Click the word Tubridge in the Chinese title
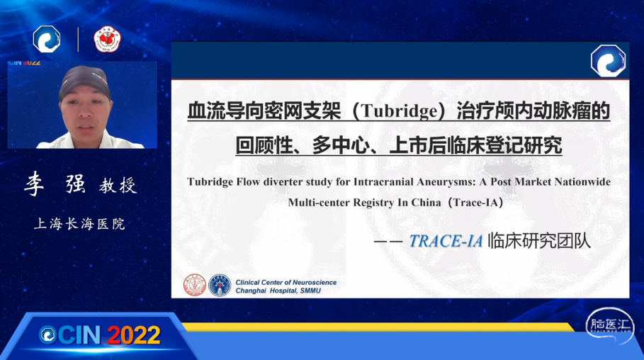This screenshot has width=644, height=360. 399,111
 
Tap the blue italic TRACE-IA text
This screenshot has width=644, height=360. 446,241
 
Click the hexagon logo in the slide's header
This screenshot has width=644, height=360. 609,61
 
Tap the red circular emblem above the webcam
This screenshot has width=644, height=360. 107,40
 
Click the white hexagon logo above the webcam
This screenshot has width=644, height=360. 47,39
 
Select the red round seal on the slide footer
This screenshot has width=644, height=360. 195,285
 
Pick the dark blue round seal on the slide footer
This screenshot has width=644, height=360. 220,285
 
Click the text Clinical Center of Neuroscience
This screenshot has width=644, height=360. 286,282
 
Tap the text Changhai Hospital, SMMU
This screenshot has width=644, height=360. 278,291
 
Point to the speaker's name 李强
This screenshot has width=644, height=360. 55,184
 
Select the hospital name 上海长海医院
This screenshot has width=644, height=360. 79,224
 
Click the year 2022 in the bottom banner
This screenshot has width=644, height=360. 134,335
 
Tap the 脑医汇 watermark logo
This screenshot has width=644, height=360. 610,325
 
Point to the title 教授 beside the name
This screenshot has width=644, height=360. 118,186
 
